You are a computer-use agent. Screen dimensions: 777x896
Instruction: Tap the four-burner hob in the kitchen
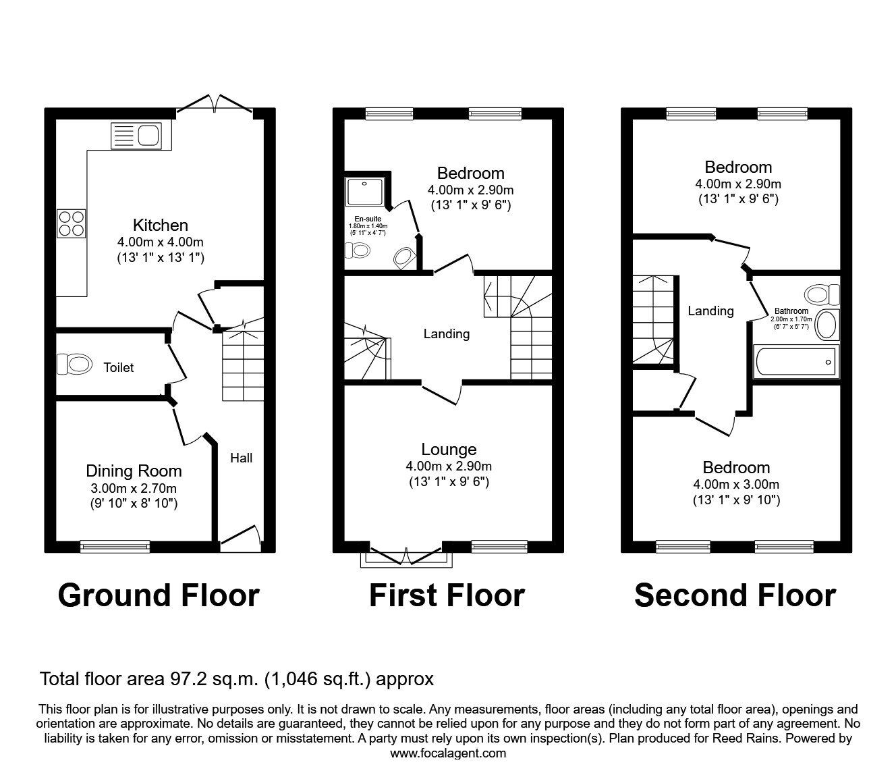tap(72, 222)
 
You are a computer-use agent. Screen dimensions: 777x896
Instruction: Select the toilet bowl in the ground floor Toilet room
tap(75, 365)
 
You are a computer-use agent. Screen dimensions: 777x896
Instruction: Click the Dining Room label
tap(134, 471)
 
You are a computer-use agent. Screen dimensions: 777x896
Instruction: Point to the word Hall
tap(241, 458)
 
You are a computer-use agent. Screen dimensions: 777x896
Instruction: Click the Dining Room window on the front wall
tap(115, 546)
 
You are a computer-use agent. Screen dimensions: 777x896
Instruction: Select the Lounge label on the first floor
tap(449, 449)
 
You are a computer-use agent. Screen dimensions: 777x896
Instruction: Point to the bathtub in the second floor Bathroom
tap(796, 362)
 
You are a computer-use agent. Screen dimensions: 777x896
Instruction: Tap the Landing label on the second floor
tap(710, 311)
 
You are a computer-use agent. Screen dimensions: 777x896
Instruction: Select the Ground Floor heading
tap(159, 595)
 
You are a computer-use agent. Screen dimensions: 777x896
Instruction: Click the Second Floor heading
tap(735, 595)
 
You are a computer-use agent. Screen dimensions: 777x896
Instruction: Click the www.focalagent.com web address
tap(448, 753)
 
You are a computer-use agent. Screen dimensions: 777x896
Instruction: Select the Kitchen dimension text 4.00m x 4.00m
tap(160, 242)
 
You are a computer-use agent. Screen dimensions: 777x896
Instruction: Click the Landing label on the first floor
tap(446, 333)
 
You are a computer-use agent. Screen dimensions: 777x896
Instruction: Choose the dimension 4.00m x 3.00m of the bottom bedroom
tap(736, 484)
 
